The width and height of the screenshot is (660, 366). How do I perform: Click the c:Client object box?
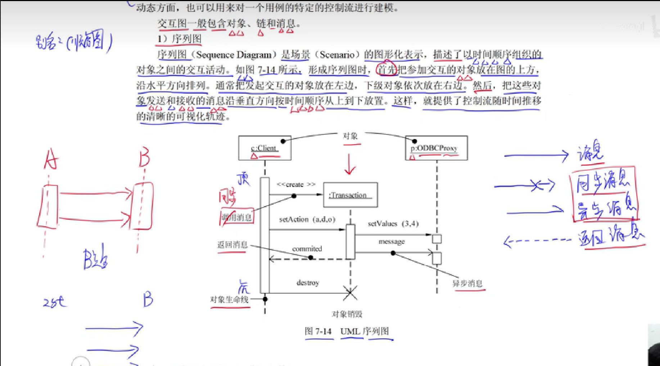pyautogui.click(x=265, y=148)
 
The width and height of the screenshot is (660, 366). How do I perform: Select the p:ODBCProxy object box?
pyautogui.click(x=436, y=148)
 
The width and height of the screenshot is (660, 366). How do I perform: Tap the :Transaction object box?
pyautogui.click(x=350, y=195)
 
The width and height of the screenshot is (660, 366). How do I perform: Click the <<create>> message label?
pyautogui.click(x=296, y=184)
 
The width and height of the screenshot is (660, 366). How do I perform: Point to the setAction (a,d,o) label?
pyautogui.click(x=307, y=219)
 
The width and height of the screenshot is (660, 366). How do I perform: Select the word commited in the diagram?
pyautogui.click(x=307, y=249)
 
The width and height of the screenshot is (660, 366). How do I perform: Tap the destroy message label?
pyautogui.click(x=308, y=283)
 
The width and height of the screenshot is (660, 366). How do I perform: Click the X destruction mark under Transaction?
pyautogui.click(x=350, y=293)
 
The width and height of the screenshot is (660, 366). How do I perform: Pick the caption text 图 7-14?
pyautogui.click(x=318, y=331)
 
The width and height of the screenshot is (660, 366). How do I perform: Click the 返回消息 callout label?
pyautogui.click(x=232, y=245)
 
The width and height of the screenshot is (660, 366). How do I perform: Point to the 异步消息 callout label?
pyautogui.click(x=467, y=284)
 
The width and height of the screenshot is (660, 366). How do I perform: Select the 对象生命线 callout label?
pyautogui.click(x=229, y=299)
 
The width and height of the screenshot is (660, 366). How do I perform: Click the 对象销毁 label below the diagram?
pyautogui.click(x=347, y=314)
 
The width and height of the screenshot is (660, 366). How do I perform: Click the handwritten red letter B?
pyautogui.click(x=144, y=157)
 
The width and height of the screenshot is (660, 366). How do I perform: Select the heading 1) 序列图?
pyautogui.click(x=179, y=39)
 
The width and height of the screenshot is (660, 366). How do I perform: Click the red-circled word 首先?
pyautogui.click(x=386, y=70)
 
